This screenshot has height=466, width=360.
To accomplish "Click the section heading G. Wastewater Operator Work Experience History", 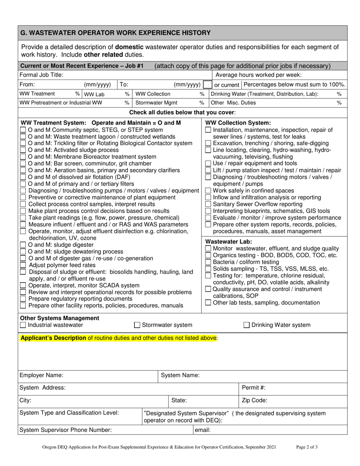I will click(115, 33).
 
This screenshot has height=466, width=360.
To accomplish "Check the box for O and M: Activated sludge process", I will click(23, 150).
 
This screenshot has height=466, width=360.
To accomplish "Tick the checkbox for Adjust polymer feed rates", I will click(23, 265).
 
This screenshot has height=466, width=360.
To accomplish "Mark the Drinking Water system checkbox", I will click(246, 325).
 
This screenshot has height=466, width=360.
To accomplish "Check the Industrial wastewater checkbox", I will click(23, 325).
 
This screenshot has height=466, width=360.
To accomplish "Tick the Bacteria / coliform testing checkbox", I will click(208, 262).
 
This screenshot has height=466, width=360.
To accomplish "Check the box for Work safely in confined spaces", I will click(208, 191).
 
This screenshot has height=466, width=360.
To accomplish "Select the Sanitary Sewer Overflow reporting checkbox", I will click(208, 204).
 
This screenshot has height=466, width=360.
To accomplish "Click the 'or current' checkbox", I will click(208, 84).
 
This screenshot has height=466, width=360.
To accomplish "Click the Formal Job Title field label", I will click(39, 75).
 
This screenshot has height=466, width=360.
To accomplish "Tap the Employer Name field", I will click(106, 375).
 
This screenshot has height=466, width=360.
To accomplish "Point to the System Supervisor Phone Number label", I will click(66, 430).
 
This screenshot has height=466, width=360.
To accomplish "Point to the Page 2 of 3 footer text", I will click(307, 447).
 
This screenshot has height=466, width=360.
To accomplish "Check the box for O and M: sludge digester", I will click(23, 244).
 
